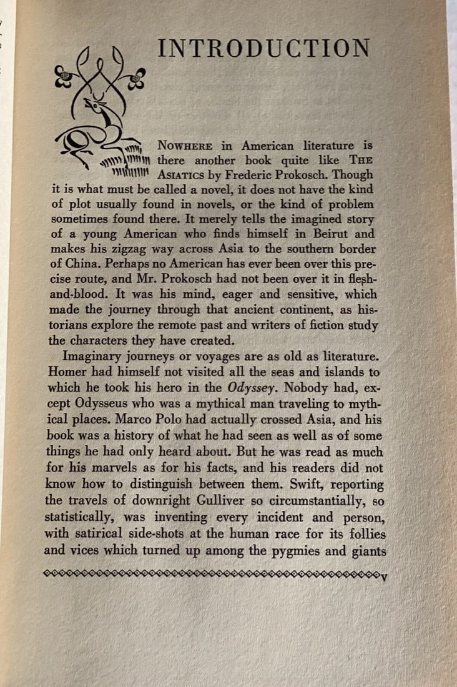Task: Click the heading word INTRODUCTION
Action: click(264, 48)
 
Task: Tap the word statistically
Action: click(79, 518)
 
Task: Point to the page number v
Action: click(383, 576)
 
